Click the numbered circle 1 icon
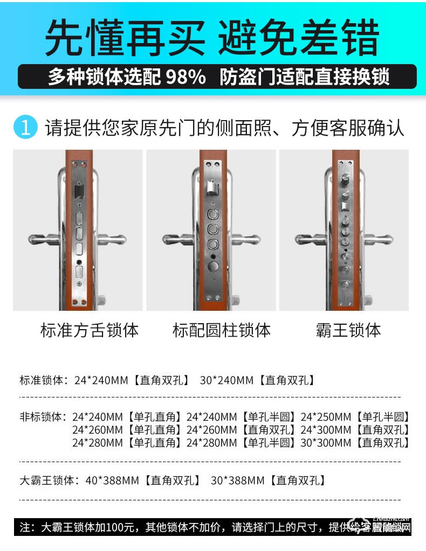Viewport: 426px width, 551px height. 25,128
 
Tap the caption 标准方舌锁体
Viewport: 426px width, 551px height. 90,330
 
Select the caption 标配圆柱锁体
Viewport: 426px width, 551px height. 222,330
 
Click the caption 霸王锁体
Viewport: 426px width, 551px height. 348,330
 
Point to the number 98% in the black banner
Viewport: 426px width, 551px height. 186,77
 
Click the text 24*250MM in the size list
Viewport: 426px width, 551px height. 326,416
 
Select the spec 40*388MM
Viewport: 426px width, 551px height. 113,480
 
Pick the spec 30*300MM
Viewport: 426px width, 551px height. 326,443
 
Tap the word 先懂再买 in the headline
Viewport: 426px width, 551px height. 125,38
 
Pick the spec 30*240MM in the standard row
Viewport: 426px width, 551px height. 226,380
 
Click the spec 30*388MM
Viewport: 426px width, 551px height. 238,480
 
